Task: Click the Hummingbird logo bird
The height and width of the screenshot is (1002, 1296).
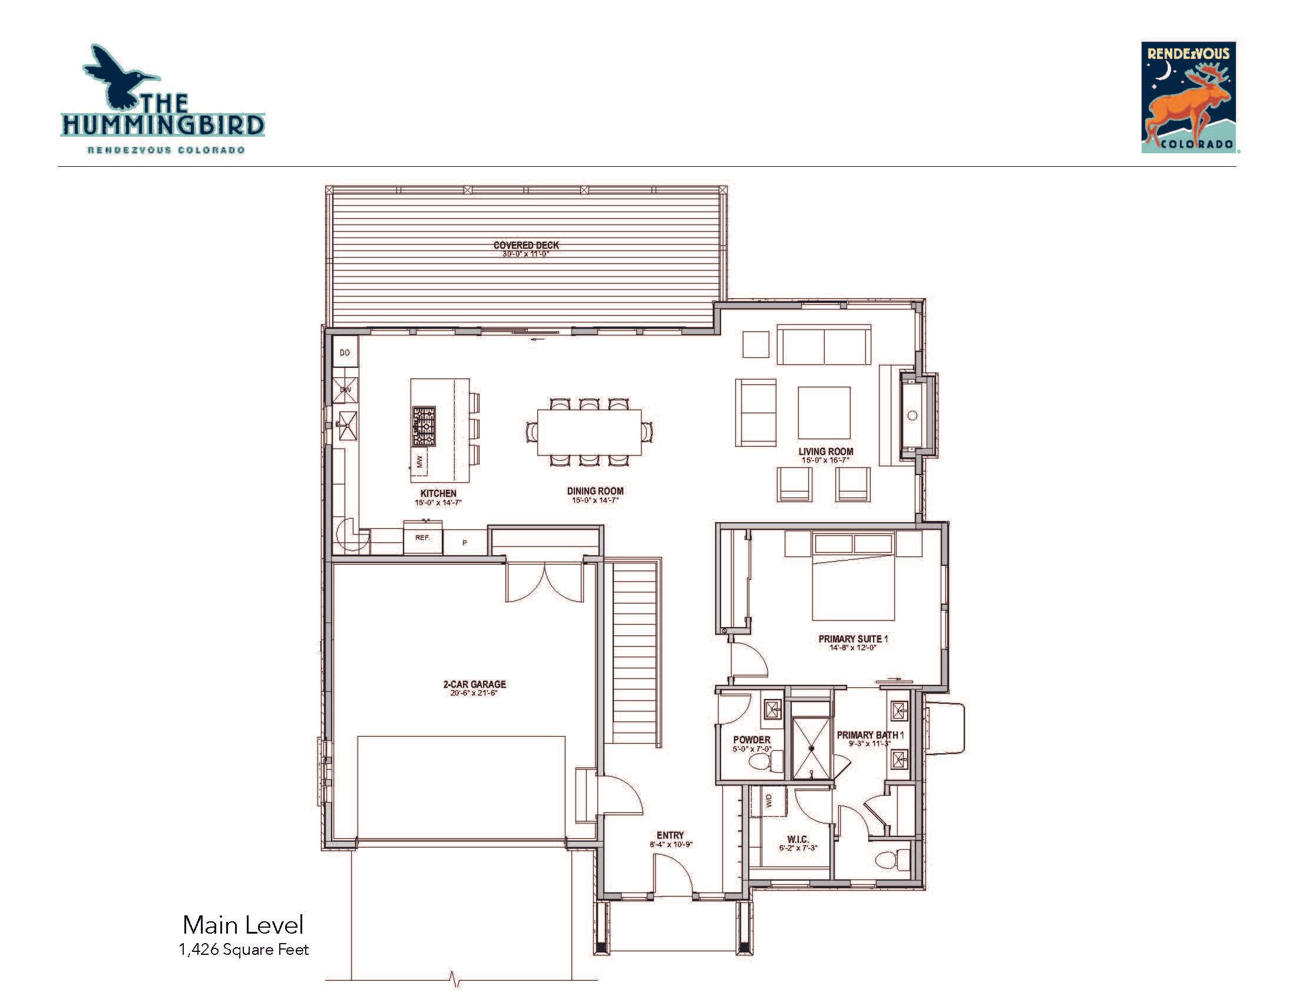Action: coord(118,75)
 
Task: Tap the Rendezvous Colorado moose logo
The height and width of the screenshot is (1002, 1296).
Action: coord(1189,97)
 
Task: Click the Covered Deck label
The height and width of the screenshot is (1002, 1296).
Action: coord(526,245)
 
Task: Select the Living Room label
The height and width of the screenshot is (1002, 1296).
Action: coord(825,451)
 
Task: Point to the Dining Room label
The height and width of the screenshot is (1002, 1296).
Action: coord(595,491)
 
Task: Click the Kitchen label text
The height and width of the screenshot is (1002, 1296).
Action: coord(438,493)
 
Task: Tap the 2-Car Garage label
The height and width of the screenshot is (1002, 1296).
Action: coord(474,684)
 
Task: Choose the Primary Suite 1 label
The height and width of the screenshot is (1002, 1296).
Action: coord(853,639)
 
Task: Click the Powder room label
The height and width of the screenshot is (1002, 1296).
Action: coord(752,740)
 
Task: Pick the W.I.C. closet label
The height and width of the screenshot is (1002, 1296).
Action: coord(798,839)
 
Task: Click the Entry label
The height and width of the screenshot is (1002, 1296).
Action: coord(670,835)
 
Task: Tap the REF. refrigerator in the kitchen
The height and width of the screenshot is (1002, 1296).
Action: coord(422,538)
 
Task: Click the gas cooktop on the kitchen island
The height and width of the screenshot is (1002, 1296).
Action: coord(424,426)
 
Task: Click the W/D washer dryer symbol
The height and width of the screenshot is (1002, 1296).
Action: coord(768,802)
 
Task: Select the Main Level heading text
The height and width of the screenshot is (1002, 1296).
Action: coord(243,925)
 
